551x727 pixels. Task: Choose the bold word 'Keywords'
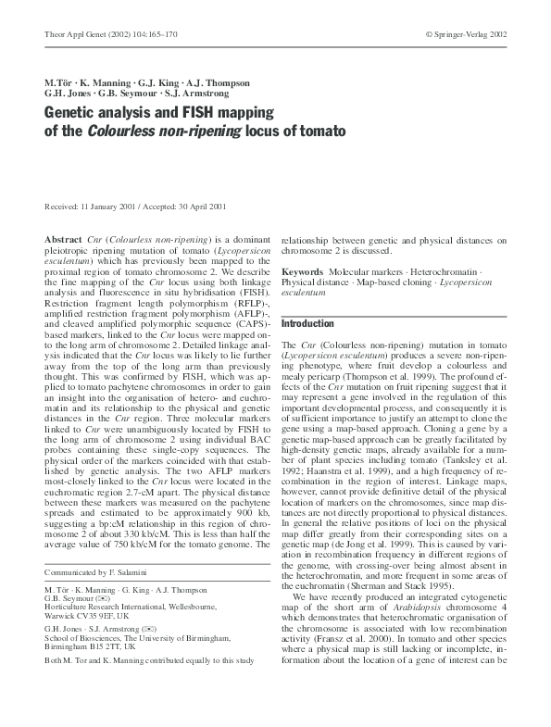coord(304,271)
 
